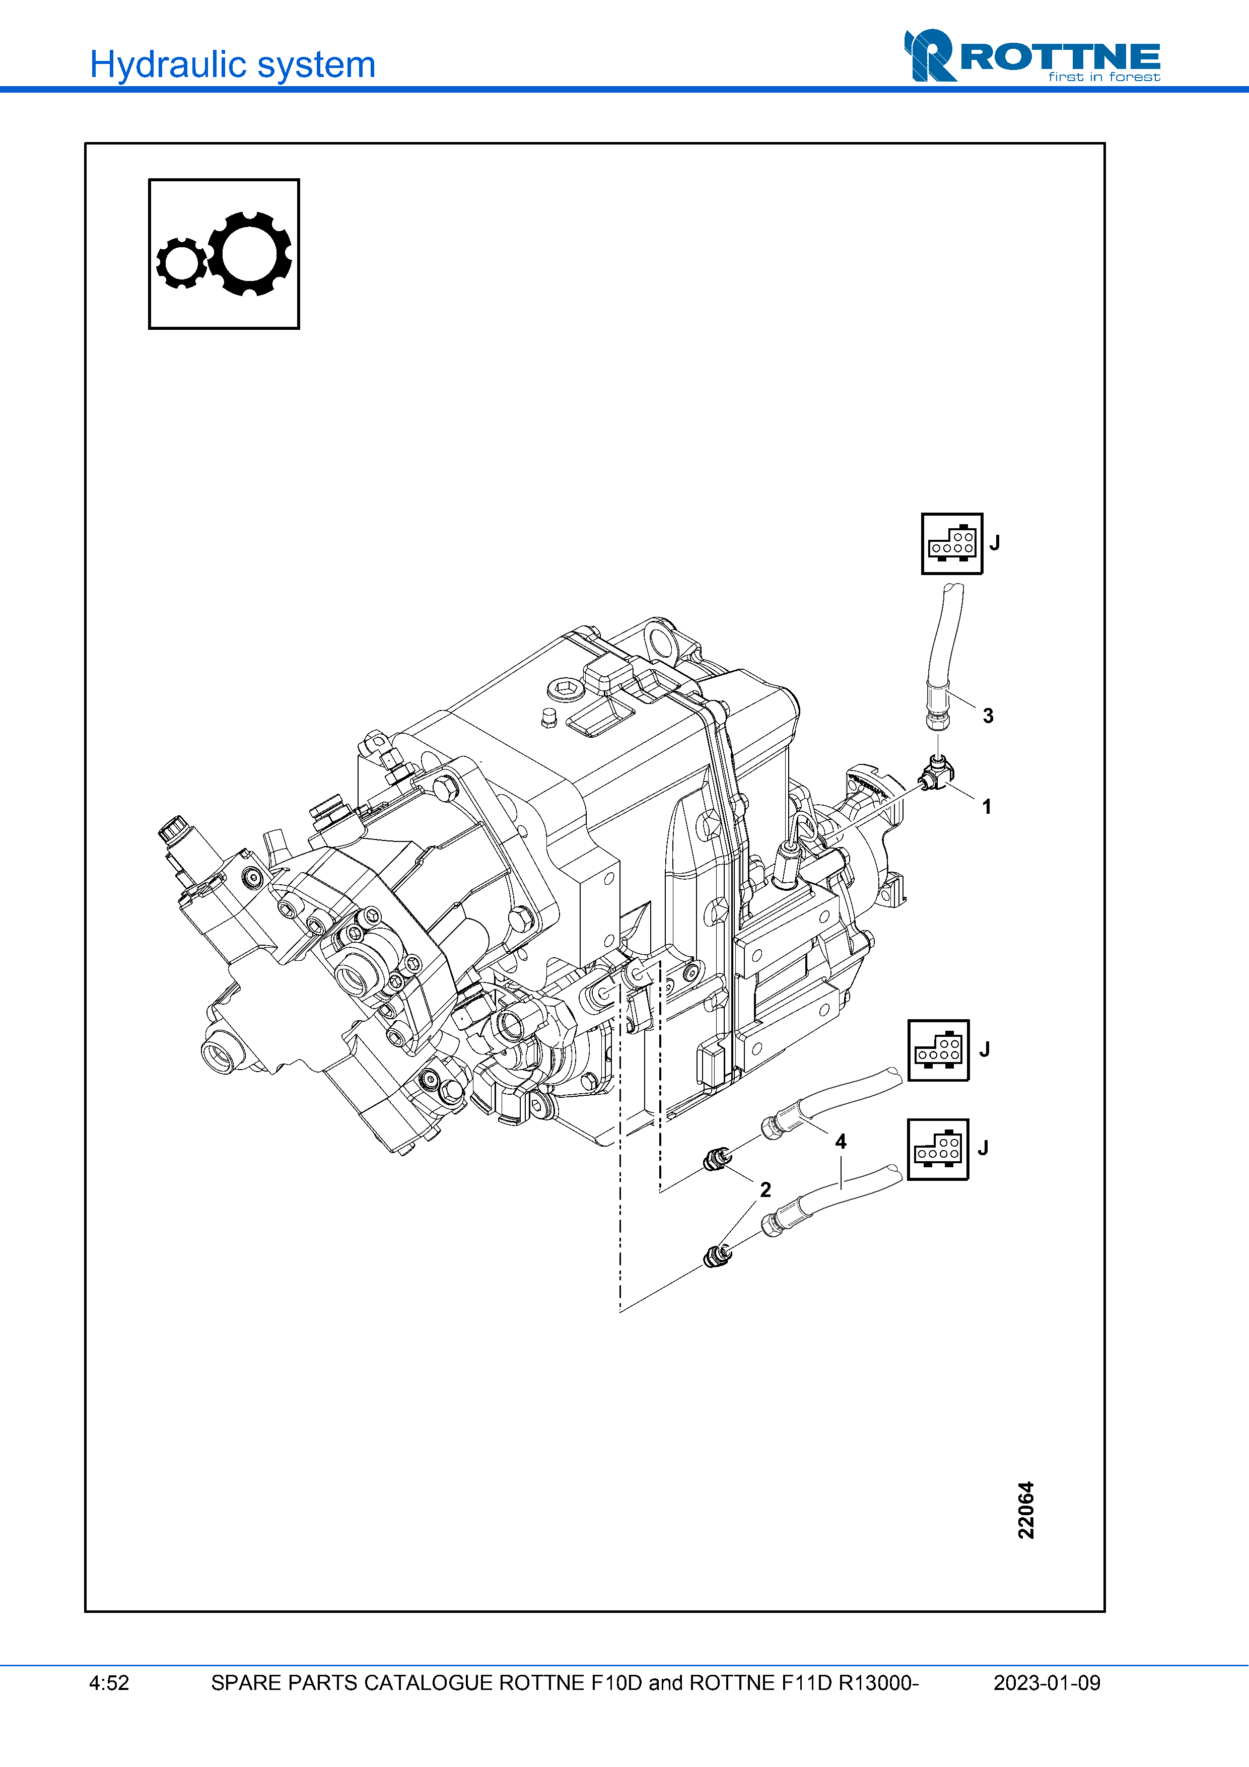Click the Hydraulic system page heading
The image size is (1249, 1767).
(x=232, y=64)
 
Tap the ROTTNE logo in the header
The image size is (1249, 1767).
(x=1031, y=55)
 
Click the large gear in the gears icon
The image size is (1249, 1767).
(x=249, y=253)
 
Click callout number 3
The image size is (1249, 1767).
(x=988, y=716)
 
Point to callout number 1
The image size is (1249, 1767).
(x=987, y=807)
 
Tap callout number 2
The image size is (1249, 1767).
(x=765, y=1190)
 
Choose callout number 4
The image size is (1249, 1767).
(x=841, y=1141)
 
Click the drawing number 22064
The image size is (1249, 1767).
(x=1026, y=1510)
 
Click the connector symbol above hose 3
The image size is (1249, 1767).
(x=952, y=543)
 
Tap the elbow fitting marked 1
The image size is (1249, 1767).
(x=936, y=773)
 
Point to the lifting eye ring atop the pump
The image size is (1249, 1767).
(x=660, y=639)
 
